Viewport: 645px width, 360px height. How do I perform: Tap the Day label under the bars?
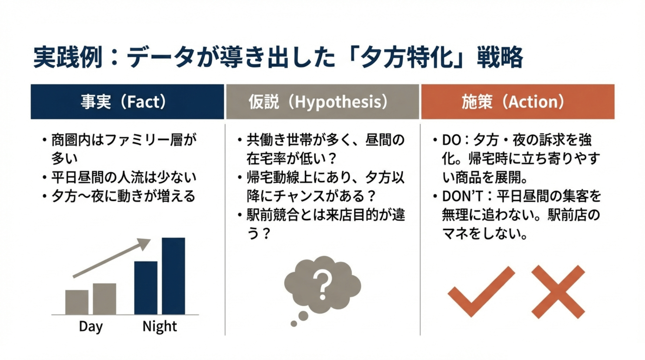point(91,327)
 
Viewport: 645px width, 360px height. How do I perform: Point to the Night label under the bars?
point(159,327)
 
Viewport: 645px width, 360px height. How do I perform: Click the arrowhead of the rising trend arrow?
point(144,243)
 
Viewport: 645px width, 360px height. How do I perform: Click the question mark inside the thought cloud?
point(322,284)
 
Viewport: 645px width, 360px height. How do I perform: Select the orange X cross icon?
point(558,292)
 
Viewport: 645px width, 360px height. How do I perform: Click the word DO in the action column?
point(451,140)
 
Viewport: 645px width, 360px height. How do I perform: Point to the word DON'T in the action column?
point(462,196)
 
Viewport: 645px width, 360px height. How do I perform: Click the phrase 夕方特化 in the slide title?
point(407,57)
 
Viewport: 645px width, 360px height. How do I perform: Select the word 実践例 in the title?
point(68,57)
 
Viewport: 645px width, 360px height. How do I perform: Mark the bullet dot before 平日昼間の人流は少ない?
point(44,177)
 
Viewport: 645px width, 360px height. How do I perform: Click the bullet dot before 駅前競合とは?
point(240,215)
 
